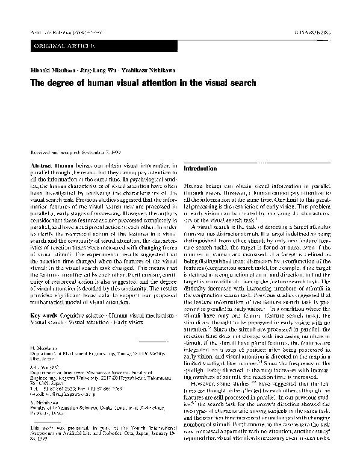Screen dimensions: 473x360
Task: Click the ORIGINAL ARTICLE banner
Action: coord(60,46)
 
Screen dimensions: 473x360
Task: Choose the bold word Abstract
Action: coord(40,164)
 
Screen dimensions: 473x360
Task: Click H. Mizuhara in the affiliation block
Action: coord(42,349)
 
